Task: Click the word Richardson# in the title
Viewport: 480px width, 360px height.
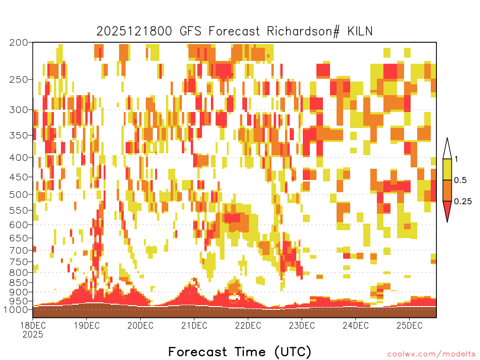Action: point(303,31)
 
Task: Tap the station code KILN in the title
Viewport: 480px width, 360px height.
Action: point(360,31)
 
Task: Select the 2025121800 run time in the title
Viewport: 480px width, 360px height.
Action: point(135,31)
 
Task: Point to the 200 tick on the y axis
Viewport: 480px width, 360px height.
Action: point(18,43)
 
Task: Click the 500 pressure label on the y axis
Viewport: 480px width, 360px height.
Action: point(18,195)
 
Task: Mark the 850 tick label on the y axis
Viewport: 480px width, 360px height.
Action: point(18,283)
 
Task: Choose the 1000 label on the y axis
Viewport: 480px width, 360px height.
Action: point(15,309)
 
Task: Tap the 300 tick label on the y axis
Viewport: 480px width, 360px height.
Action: point(18,110)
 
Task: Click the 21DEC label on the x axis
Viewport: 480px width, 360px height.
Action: point(194,325)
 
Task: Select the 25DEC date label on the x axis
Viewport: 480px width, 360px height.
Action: point(410,325)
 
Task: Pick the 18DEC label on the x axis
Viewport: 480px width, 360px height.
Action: point(33,325)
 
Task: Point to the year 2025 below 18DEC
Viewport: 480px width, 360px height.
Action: point(33,335)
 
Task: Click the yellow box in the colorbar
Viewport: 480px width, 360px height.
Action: point(447,169)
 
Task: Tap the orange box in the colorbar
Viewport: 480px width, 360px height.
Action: point(447,190)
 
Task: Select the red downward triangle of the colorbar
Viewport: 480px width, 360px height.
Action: point(447,210)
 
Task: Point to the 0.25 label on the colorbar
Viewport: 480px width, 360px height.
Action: point(463,201)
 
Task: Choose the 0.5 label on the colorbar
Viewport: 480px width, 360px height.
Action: point(460,180)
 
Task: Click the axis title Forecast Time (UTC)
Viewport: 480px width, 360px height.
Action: point(240,352)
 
